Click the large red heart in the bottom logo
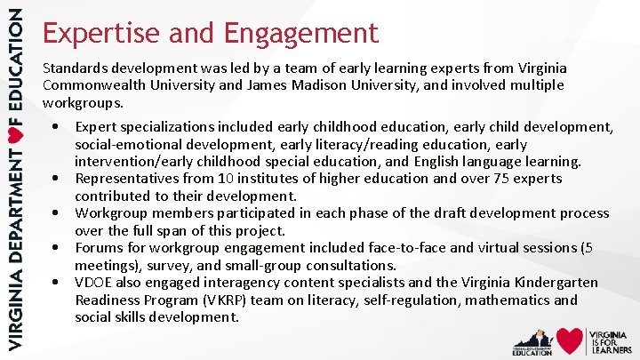click(570, 340)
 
